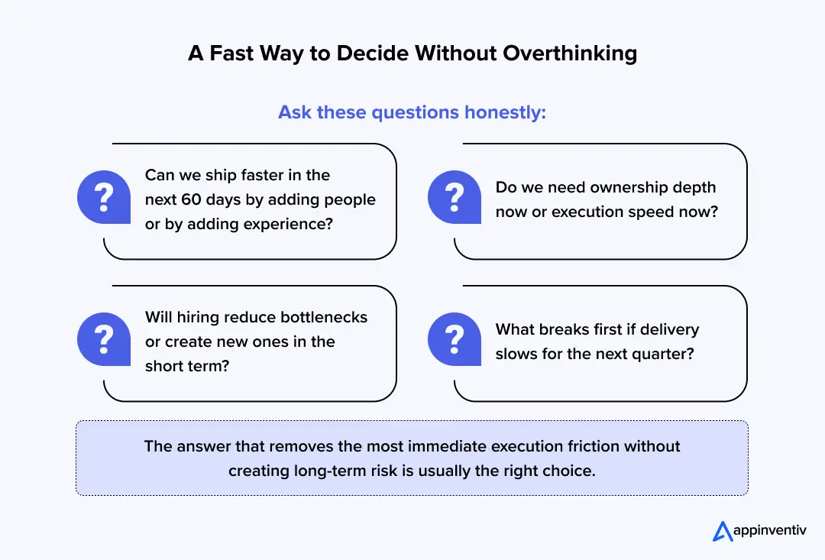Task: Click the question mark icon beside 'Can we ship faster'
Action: [x=104, y=198]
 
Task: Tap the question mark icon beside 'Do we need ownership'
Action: [x=455, y=198]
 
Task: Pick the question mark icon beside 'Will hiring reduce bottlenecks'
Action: [x=104, y=340]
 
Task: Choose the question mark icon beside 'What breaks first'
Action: [x=455, y=340]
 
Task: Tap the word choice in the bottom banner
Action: [x=571, y=471]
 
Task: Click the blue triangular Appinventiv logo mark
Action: [x=723, y=530]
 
